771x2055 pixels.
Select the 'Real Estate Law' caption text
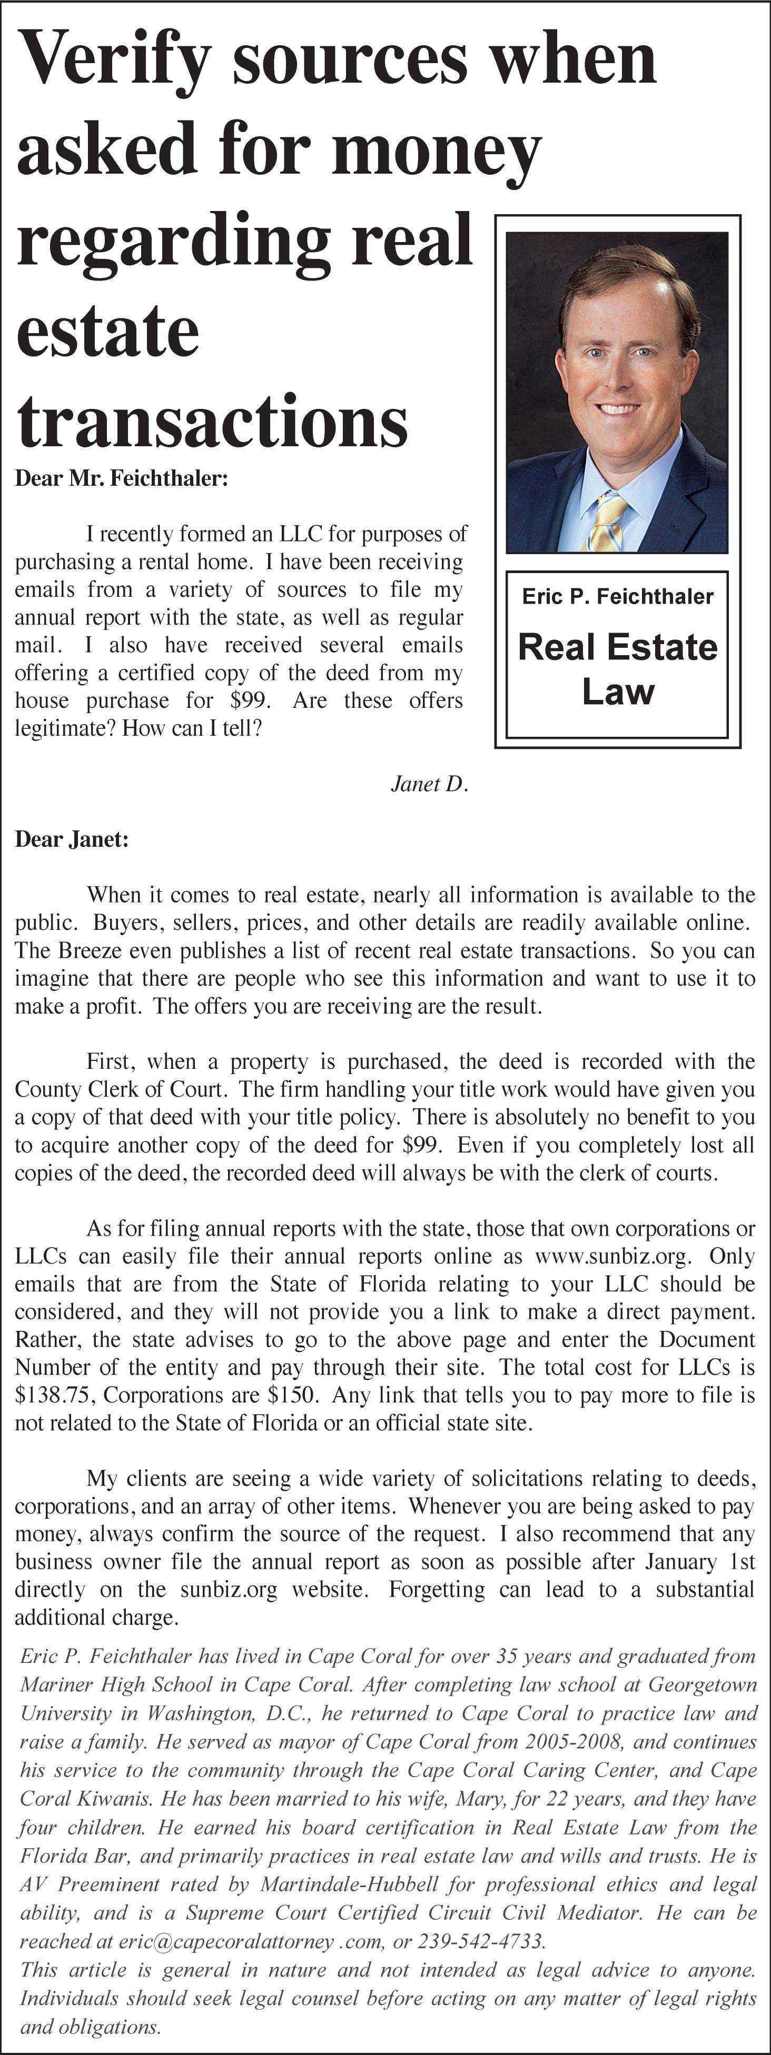click(x=617, y=668)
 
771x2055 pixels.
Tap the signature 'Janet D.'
click(x=429, y=784)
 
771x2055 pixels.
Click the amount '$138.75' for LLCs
click(x=54, y=1395)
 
